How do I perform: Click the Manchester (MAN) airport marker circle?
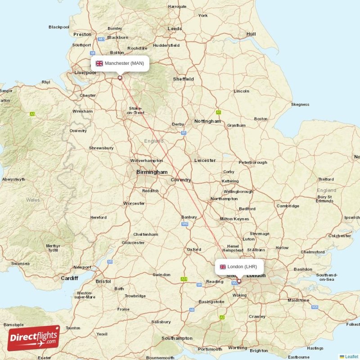coord(120,77)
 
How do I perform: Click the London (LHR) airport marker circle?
coord(239,281)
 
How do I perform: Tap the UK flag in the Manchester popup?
coord(99,63)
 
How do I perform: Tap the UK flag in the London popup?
coord(223,267)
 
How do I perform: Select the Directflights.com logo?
coord(33,338)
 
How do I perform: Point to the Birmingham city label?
coord(152,172)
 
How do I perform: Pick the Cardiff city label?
coord(69,278)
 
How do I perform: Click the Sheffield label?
coord(184,79)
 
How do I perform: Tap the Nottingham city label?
coord(207,121)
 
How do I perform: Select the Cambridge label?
coord(288,206)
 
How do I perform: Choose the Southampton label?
coord(177,338)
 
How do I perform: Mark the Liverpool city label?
coord(85,72)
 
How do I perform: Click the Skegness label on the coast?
coord(300,104)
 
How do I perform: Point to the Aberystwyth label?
coord(13,179)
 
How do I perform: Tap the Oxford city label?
coord(194,249)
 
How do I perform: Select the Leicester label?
coord(205,160)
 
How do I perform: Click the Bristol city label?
coord(103,281)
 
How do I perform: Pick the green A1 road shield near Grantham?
coord(219,112)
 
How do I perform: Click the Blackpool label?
coord(59,27)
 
